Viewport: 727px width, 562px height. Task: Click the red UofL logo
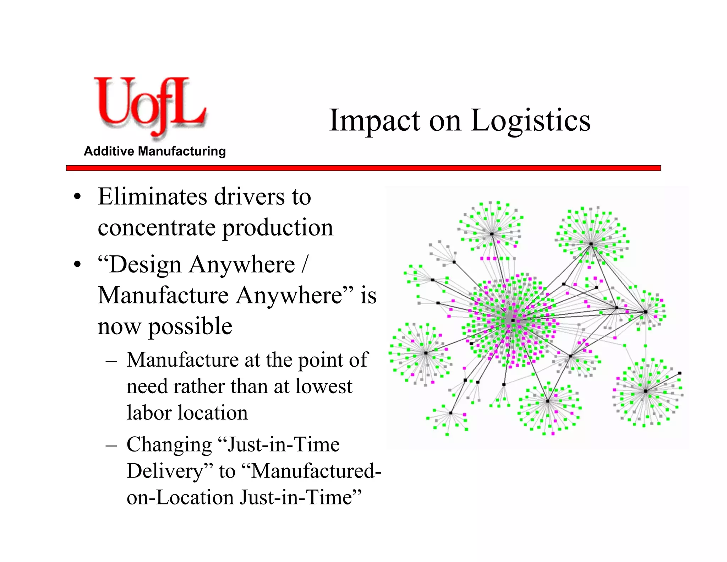[x=149, y=107]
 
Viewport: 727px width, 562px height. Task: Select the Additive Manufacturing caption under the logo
[x=155, y=151]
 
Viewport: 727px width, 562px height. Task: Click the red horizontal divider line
[x=363, y=168]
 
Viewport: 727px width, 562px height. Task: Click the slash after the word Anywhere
[x=304, y=265]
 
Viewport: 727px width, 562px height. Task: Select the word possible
[x=190, y=326]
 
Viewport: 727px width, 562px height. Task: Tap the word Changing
[x=169, y=445]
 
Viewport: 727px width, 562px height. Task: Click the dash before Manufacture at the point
[x=111, y=361]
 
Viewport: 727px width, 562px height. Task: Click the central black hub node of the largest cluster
[x=513, y=320]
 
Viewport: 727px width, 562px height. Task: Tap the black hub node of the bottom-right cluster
[x=646, y=391]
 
